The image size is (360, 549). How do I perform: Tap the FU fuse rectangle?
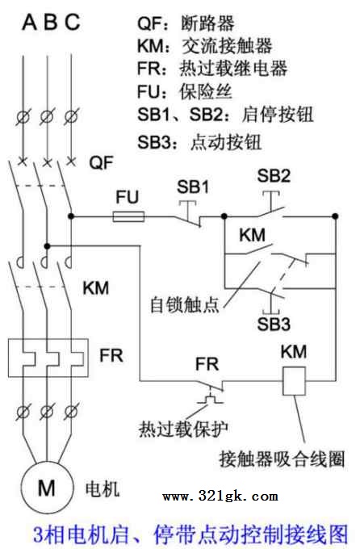point(128,216)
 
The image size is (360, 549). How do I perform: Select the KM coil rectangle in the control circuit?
point(294,381)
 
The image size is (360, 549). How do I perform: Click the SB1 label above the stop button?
point(193,187)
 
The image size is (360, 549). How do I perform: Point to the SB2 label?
point(274,175)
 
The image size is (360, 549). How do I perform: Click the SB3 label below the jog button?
point(274,324)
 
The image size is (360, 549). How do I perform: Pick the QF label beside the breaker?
point(101,163)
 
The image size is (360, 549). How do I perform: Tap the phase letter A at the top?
point(29,22)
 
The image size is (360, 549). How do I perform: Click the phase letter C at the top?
point(73,22)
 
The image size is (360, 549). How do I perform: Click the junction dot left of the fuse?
point(71,216)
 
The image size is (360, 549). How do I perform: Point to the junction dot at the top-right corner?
point(335,216)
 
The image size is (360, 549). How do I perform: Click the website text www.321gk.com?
point(220,497)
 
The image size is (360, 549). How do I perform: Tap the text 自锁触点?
point(184,304)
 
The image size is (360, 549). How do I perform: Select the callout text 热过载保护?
point(183,428)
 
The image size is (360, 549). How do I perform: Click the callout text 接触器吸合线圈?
point(283,459)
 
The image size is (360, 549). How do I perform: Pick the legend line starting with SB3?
point(199,143)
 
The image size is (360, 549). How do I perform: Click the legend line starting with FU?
point(185,92)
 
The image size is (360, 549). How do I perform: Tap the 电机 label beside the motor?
point(103,488)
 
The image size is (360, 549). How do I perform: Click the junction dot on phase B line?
point(48,246)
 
